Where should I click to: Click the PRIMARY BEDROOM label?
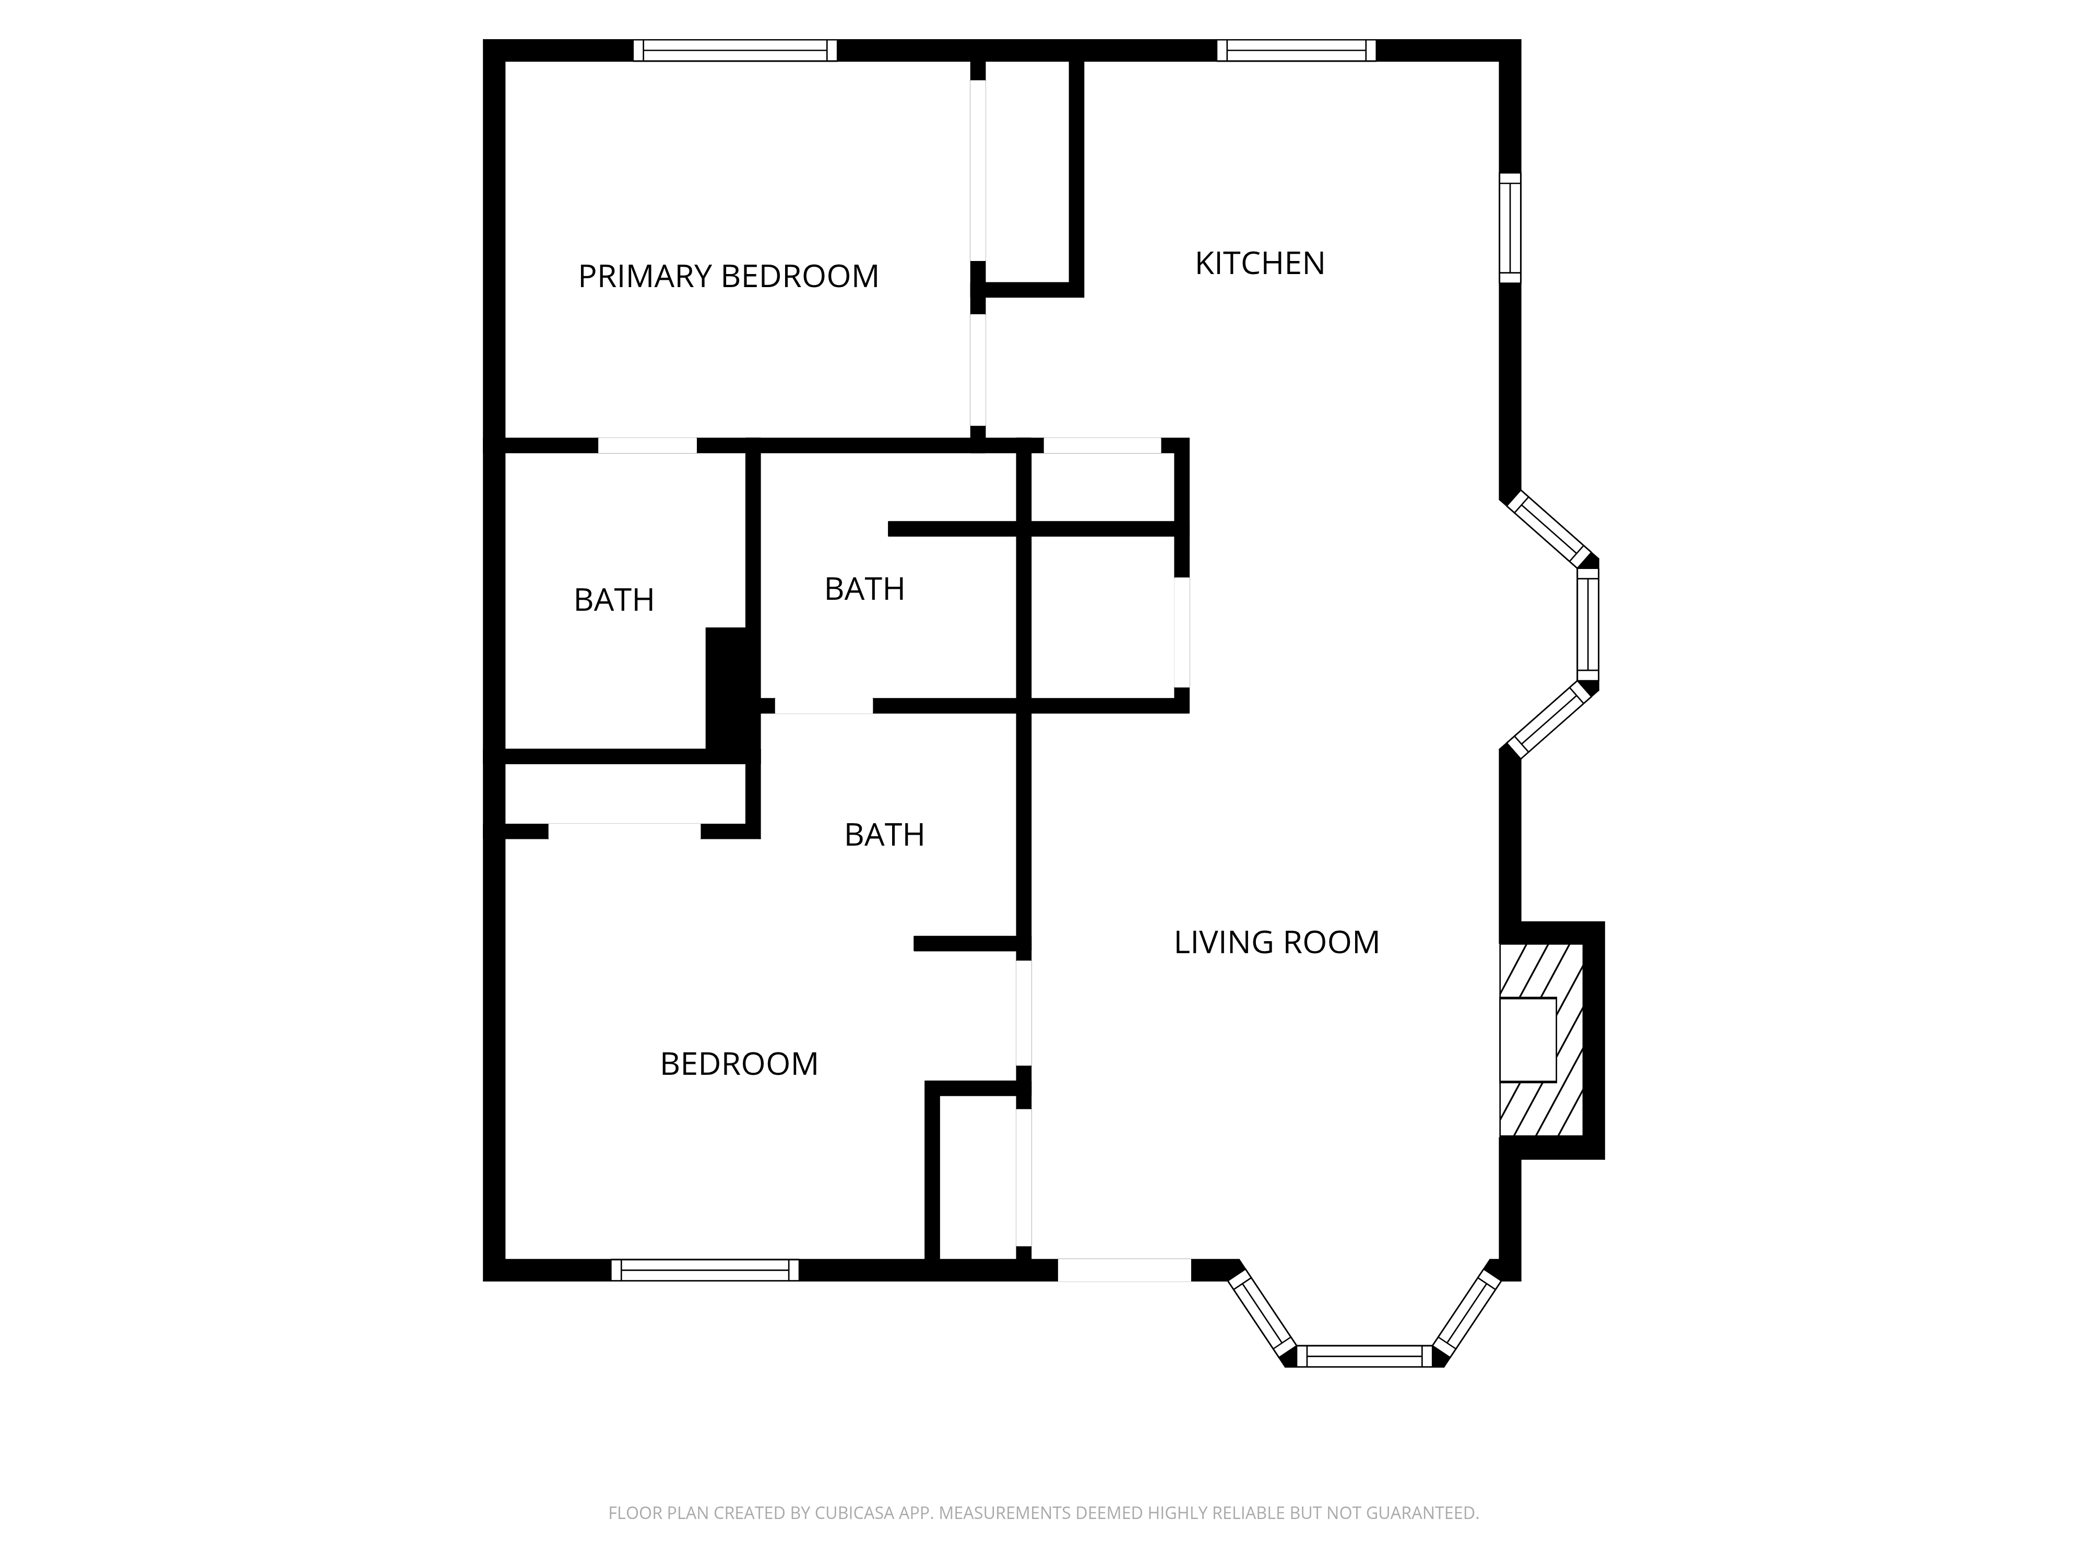[x=728, y=277]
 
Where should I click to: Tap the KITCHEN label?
[x=1259, y=264]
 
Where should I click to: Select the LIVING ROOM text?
[x=1276, y=942]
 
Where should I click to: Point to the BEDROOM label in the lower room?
[x=738, y=1064]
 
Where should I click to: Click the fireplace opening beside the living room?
[x=1527, y=1039]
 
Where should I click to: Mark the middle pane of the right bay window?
[x=1588, y=622]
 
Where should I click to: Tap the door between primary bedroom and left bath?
[x=648, y=446]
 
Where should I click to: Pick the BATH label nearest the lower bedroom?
[x=884, y=835]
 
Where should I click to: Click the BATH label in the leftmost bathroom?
[x=613, y=600]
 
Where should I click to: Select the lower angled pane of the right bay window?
[x=1549, y=720]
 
